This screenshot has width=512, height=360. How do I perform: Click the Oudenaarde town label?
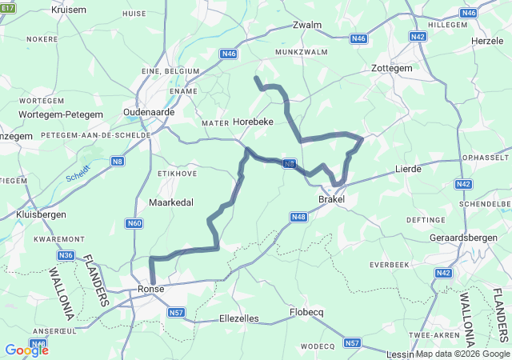pyautogui.click(x=149, y=113)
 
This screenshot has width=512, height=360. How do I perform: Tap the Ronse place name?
pyautogui.click(x=150, y=290)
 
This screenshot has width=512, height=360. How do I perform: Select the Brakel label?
pyautogui.click(x=332, y=198)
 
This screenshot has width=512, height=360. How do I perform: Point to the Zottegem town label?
pyautogui.click(x=392, y=69)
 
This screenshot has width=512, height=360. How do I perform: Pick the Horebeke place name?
pyautogui.click(x=253, y=122)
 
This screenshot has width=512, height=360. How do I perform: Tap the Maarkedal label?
pyautogui.click(x=171, y=202)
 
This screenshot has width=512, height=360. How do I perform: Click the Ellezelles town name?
pyautogui.click(x=239, y=318)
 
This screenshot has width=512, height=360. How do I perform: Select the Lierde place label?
pyautogui.click(x=408, y=170)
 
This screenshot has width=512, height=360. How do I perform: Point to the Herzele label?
pyautogui.click(x=487, y=40)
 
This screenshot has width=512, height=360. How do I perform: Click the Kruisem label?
pyautogui.click(x=68, y=10)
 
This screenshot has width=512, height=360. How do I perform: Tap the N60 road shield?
pyautogui.click(x=134, y=223)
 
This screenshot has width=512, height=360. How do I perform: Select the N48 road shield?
pyautogui.click(x=298, y=217)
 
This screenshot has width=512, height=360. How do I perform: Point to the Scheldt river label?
pyautogui.click(x=78, y=172)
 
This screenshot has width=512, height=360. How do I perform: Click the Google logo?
pyautogui.click(x=26, y=350)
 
